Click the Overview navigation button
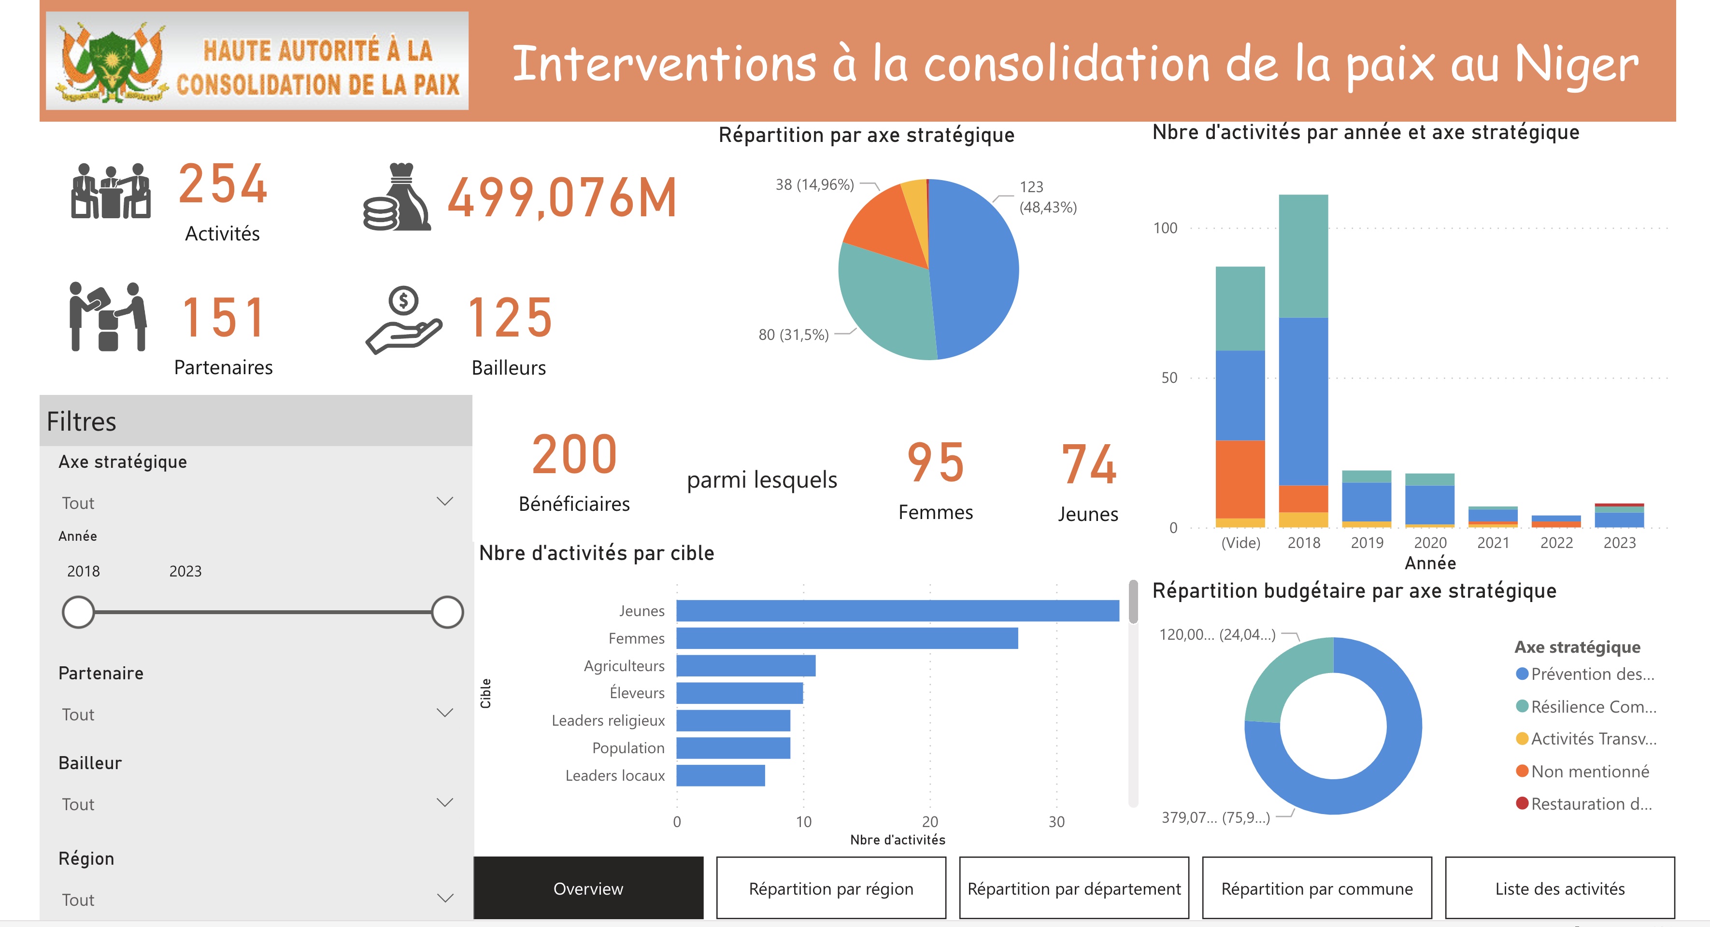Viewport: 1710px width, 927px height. [588, 888]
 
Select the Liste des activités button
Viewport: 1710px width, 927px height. [1559, 888]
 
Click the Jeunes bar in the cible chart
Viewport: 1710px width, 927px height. [897, 610]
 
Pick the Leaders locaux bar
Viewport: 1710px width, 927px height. [720, 775]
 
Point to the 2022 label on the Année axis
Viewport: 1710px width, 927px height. [1556, 543]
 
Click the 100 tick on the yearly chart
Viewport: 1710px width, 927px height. [1165, 228]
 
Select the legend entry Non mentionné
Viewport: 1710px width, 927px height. [1589, 771]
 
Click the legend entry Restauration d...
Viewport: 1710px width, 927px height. [1591, 803]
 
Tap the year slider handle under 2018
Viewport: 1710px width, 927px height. [78, 612]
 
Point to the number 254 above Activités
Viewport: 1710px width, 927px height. [223, 184]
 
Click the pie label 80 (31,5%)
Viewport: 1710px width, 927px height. [793, 335]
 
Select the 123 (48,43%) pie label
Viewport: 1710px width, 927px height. [1048, 197]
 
